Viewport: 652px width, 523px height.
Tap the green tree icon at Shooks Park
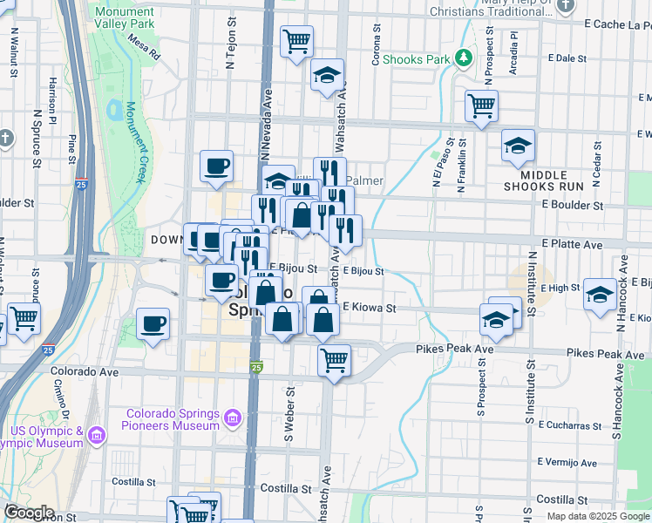(x=465, y=58)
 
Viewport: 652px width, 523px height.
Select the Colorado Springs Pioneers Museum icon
(x=232, y=419)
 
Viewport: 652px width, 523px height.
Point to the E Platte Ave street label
(x=571, y=246)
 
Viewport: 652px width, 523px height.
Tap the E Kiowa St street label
(x=369, y=308)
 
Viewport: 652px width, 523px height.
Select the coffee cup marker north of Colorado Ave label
(x=153, y=325)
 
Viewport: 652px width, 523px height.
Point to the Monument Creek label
(x=134, y=143)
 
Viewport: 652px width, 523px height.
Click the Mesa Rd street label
(x=144, y=46)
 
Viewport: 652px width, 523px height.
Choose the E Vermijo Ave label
(x=567, y=462)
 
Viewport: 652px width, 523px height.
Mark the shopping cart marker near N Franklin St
(x=481, y=105)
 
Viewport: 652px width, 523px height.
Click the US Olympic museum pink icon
(x=97, y=434)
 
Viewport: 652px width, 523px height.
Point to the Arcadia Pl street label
(x=514, y=54)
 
